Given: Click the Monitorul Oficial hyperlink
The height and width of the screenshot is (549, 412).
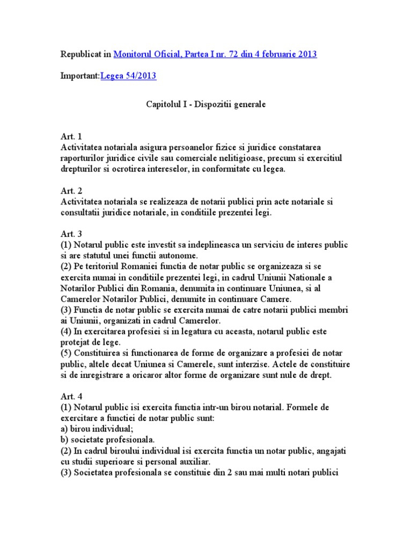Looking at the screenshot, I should (x=215, y=54).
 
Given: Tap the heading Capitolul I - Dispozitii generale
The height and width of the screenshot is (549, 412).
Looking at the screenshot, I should (x=206, y=105).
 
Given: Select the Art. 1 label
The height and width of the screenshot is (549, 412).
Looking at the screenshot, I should (x=71, y=136).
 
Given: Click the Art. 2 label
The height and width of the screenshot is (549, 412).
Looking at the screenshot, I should (x=71, y=190).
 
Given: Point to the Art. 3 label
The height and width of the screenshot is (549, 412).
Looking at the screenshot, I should (x=71, y=234).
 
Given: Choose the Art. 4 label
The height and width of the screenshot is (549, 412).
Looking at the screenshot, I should (x=71, y=397).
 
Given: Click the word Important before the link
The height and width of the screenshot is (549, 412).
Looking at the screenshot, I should (x=79, y=76).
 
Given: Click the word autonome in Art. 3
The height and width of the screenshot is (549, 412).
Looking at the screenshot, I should (x=178, y=255).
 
